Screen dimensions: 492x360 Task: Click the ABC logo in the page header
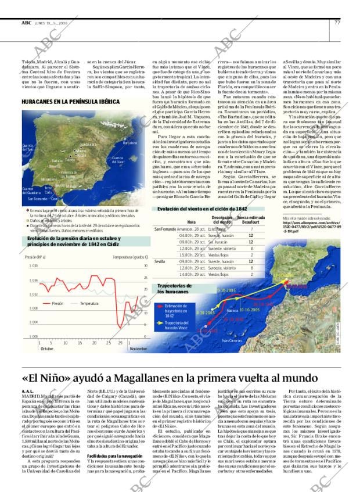[x=26, y=23]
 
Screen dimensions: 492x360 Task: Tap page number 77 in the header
[x=337, y=23]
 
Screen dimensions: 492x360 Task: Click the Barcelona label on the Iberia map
[x=129, y=142]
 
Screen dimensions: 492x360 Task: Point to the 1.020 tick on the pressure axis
[x=34, y=265]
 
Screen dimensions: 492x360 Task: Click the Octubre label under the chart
[x=48, y=349]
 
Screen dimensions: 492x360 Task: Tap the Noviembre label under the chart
[x=138, y=349]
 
